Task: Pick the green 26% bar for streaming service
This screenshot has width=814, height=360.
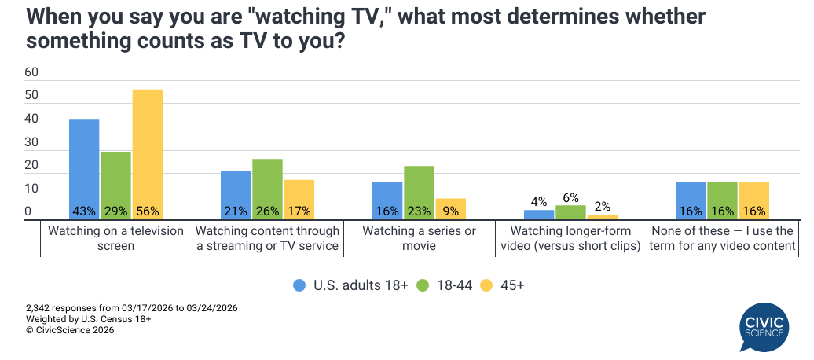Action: [267, 189]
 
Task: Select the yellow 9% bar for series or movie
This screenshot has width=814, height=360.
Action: [450, 209]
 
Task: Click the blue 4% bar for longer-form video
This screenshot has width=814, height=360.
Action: [539, 215]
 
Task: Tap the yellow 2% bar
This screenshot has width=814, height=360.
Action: [602, 217]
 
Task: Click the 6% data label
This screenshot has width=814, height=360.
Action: [570, 198]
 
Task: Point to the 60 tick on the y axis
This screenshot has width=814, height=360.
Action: [31, 72]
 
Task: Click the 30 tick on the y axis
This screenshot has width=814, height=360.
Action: [31, 142]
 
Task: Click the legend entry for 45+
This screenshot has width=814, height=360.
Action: [502, 285]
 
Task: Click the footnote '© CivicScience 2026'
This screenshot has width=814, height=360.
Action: [70, 331]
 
